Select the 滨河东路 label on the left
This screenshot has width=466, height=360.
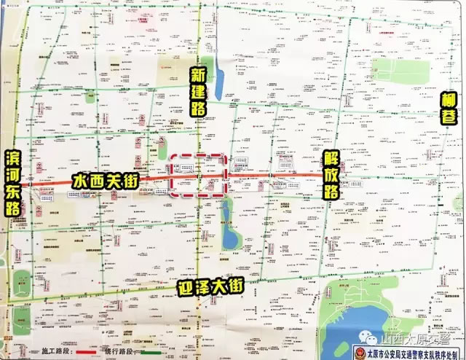point(13,182)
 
